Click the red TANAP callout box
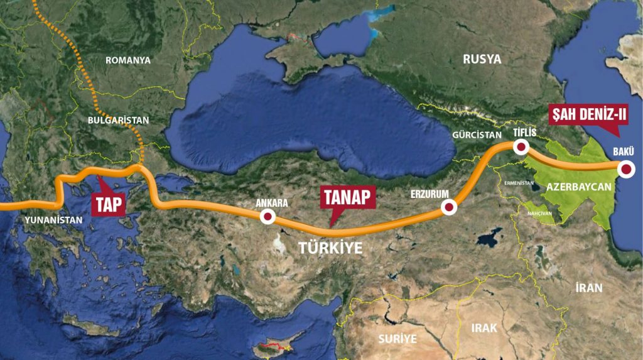click(348, 198)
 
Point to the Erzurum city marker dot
click(448, 207)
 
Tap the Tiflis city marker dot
click(521, 147)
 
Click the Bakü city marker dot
click(625, 168)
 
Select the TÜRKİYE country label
click(330, 248)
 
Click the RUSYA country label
click(482, 60)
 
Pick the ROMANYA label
click(128, 60)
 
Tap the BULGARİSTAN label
click(118, 119)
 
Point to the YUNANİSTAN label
click(53, 221)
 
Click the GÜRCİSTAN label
click(477, 134)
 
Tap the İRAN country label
click(588, 288)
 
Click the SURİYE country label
click(397, 338)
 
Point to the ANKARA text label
click(272, 204)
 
